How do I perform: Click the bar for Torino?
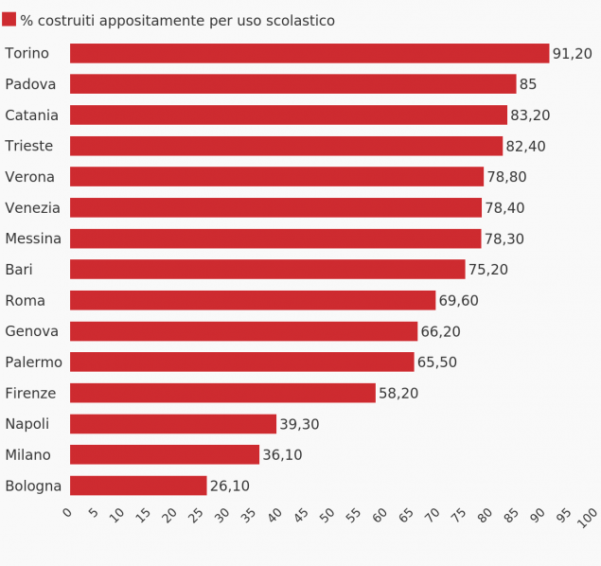point(309,54)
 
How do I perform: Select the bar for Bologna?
point(138,486)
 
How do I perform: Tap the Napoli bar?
point(173,424)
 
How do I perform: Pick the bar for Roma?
point(253,300)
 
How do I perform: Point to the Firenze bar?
point(222,393)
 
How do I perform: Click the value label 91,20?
point(572,54)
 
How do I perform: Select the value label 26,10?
point(229,486)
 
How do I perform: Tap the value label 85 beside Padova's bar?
point(528,84)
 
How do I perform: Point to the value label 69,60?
point(458,300)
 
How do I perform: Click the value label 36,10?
point(282,455)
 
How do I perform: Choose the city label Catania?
point(31,115)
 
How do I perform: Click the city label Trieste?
point(28,146)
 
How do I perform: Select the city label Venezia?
point(32,208)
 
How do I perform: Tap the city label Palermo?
point(33,363)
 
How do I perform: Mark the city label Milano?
point(27,455)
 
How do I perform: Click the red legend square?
point(9,20)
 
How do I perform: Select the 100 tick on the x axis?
point(589,517)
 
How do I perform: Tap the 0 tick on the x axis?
point(67,513)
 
